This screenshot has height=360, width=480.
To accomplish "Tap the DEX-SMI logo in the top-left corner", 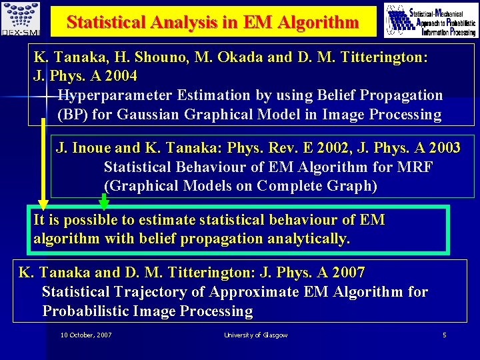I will point(20,19).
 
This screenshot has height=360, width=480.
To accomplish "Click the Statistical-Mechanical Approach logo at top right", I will point(431,20).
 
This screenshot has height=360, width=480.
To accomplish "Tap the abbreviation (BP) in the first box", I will point(73,115).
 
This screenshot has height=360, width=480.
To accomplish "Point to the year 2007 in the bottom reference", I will point(348,273).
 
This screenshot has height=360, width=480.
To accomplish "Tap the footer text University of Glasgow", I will point(255,335).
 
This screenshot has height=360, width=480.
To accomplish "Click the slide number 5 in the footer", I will point(444,335).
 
